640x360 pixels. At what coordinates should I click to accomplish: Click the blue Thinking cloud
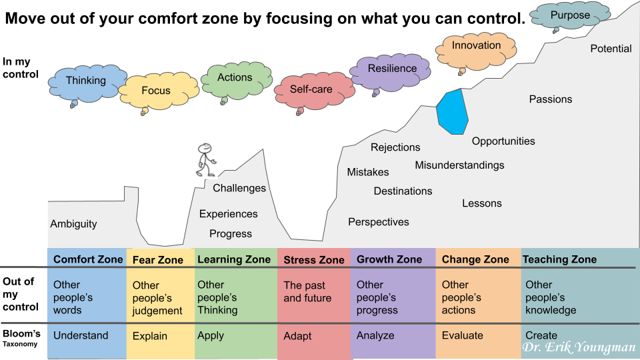tap(86, 83)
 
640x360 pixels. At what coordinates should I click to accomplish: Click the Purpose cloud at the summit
tap(570, 15)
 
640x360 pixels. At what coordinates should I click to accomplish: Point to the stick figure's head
tap(204, 148)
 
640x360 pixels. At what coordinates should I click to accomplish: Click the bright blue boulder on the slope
tap(452, 112)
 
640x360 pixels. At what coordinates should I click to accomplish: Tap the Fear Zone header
tap(157, 260)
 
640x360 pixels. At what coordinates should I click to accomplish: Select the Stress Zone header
tap(314, 260)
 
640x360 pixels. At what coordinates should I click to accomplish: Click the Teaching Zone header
tap(559, 259)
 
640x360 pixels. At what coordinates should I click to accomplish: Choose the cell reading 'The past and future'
tap(307, 291)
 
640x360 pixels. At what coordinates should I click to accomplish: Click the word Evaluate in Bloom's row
tap(463, 335)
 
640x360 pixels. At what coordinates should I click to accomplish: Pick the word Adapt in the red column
tap(297, 336)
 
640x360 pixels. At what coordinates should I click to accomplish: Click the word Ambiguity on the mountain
tap(74, 224)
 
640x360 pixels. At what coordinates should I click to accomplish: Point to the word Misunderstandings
tap(459, 165)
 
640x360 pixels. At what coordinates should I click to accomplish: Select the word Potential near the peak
tap(611, 49)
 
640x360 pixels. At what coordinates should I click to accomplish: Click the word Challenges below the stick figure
tap(239, 188)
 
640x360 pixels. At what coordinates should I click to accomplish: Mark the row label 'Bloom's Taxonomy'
tap(21, 338)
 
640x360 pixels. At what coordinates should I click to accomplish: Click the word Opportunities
tap(503, 141)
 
